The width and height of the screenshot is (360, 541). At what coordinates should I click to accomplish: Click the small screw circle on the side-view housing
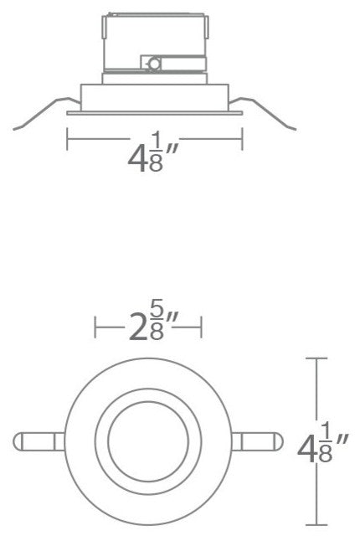(x=153, y=62)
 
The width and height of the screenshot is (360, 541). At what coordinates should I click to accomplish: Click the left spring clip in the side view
(x=38, y=115)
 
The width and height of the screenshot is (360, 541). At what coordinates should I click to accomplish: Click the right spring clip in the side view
(x=272, y=115)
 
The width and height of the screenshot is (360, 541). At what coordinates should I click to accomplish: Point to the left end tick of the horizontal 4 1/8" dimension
(x=67, y=137)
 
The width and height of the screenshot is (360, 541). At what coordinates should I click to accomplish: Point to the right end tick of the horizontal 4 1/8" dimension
(x=242, y=137)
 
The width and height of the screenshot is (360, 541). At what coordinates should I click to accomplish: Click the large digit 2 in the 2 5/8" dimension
(x=139, y=328)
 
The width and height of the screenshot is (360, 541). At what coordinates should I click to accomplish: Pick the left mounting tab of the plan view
(x=38, y=441)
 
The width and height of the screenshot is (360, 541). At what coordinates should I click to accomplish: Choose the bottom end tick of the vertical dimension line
(x=316, y=525)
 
